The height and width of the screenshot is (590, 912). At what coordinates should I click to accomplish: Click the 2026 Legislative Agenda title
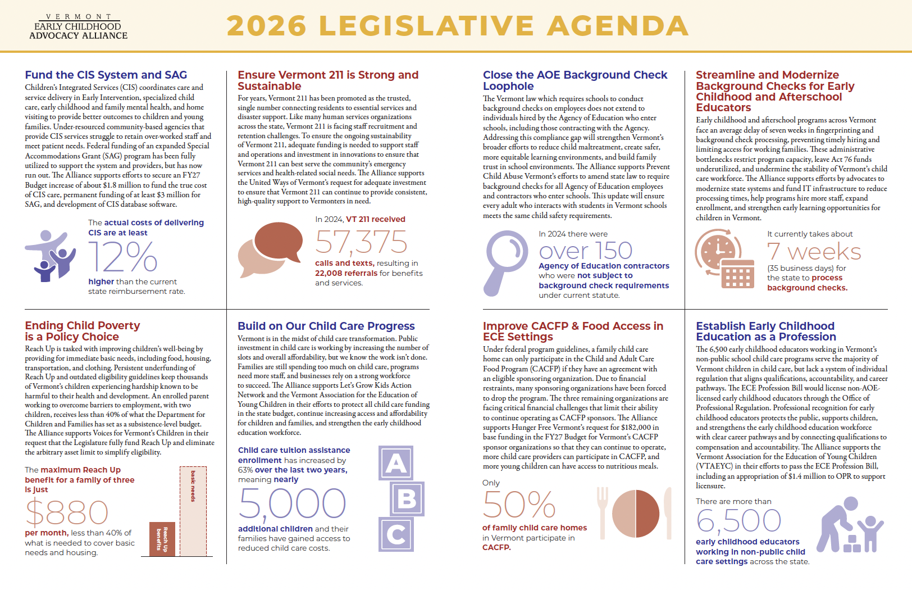[457, 26]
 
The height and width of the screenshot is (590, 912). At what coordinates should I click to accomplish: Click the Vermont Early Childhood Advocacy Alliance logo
[79, 27]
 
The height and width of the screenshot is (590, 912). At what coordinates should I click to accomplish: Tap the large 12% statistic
[122, 257]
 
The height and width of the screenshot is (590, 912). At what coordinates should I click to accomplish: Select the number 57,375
[361, 242]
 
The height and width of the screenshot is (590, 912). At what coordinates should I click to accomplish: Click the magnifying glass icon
[504, 261]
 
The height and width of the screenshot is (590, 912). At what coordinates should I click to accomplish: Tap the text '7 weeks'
[814, 251]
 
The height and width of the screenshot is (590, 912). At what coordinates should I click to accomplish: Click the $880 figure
[67, 512]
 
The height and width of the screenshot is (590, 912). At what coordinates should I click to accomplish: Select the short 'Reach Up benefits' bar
[162, 539]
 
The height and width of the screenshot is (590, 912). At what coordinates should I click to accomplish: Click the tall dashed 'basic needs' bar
[193, 511]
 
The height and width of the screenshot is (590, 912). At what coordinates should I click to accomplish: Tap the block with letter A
[396, 463]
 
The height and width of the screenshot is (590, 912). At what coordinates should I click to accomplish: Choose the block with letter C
[396, 534]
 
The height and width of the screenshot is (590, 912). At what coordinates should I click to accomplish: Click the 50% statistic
[518, 505]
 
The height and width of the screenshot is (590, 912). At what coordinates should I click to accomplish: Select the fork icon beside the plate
[603, 511]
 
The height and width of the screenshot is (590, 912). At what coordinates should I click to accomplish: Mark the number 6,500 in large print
[738, 521]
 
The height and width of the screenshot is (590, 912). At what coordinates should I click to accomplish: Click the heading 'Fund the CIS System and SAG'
[106, 75]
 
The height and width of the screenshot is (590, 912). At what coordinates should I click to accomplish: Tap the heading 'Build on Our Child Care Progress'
[326, 326]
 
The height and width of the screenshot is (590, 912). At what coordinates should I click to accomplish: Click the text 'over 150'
[585, 251]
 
